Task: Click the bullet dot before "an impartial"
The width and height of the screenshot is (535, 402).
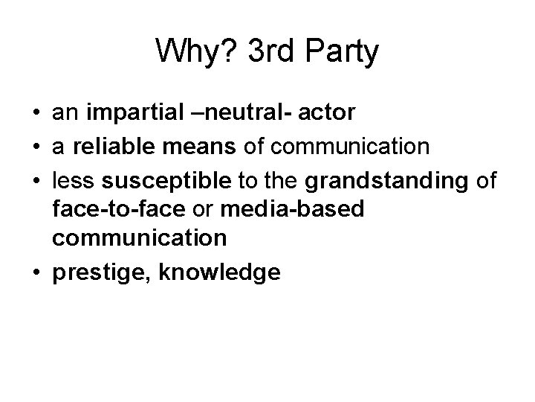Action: tap(36, 115)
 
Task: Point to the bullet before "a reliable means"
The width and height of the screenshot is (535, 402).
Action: tap(36, 147)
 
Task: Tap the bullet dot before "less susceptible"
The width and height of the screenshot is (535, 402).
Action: tap(36, 179)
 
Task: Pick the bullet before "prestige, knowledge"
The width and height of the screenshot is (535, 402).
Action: tap(36, 273)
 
